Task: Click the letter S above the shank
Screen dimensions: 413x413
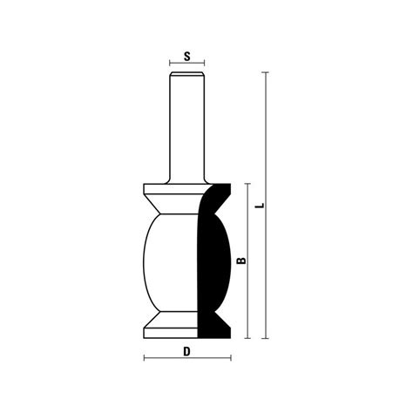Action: [186, 56]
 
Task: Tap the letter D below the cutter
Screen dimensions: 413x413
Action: [186, 352]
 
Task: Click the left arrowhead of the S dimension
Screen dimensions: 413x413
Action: [171, 64]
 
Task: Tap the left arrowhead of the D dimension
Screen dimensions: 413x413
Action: [144, 359]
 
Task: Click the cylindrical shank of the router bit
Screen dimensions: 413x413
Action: [186, 131]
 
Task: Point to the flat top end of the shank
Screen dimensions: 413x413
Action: [186, 76]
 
